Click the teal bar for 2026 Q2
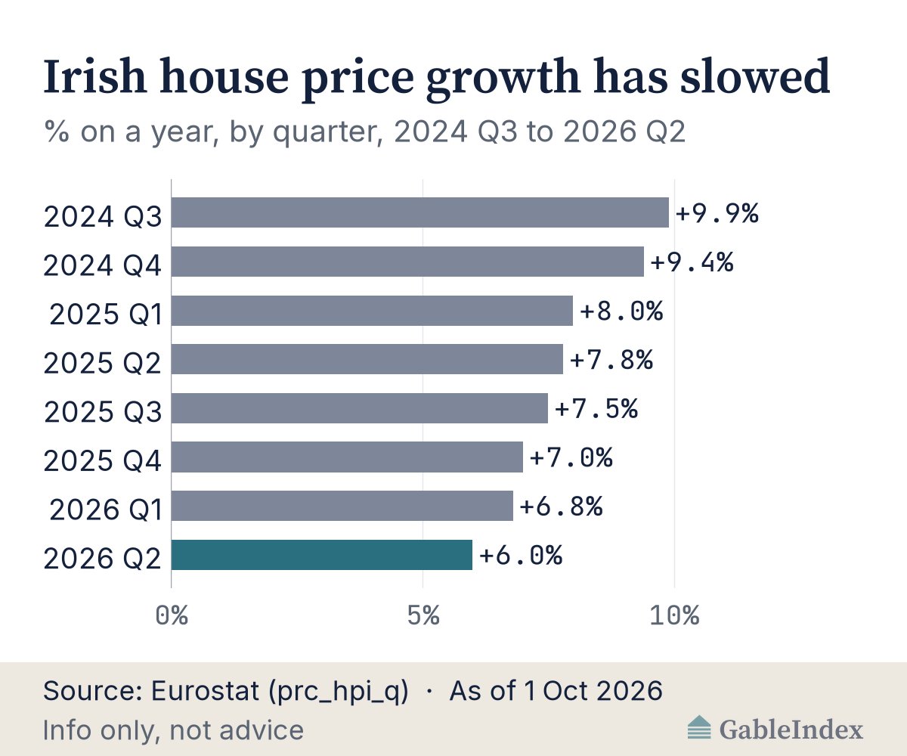321,555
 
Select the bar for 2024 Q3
420,212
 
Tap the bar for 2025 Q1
372,311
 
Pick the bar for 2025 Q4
347,457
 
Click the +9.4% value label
692,262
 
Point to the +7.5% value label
596,408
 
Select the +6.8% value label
562,507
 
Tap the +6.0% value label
521,555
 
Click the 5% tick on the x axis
423,615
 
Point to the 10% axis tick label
675,615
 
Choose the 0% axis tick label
172,615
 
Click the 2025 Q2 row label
103,363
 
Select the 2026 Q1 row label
106,510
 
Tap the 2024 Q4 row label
103,265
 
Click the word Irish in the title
95,77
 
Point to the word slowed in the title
755,76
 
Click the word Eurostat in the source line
205,690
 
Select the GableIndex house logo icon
699,727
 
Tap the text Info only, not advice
173,731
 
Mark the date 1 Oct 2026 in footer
593,690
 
